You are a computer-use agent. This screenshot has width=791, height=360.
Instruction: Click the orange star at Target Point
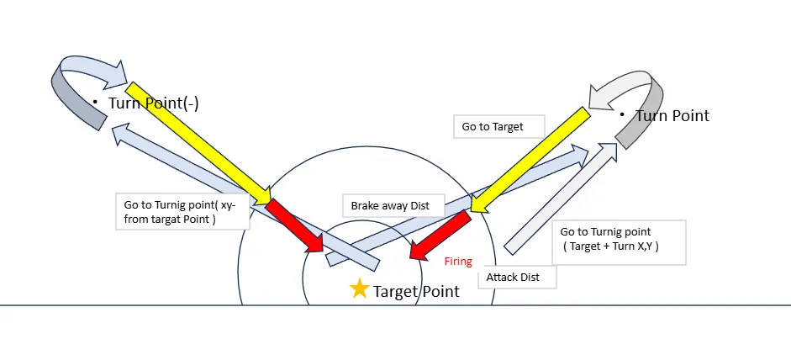click(x=359, y=289)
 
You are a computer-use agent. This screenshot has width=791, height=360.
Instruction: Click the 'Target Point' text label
click(x=416, y=292)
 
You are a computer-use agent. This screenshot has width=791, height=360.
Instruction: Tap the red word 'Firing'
click(x=458, y=262)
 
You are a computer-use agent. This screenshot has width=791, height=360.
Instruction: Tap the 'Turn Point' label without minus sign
click(x=672, y=115)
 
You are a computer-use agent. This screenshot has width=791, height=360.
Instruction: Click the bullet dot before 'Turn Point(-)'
click(x=95, y=103)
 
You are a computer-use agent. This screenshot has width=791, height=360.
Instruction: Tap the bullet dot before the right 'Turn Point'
click(x=621, y=114)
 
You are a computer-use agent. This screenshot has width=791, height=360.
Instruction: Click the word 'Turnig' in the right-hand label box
click(x=617, y=231)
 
